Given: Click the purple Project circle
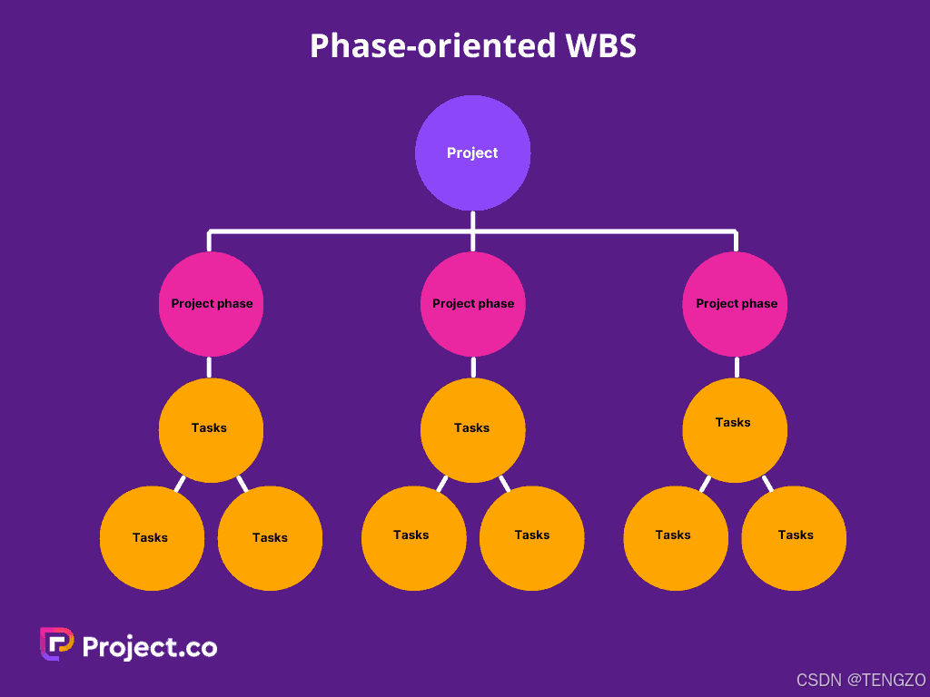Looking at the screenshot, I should click(x=472, y=152).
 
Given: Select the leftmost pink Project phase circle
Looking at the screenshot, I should click(x=211, y=304).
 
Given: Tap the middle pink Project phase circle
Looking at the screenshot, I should click(x=472, y=304).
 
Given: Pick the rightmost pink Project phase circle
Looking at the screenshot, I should click(x=736, y=304).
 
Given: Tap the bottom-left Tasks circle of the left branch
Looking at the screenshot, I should click(x=152, y=538).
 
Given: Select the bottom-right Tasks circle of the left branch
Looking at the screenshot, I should click(x=270, y=538).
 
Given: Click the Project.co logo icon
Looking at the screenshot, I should click(x=56, y=644).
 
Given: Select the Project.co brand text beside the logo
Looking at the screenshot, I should click(x=150, y=646).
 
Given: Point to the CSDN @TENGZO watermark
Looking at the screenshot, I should click(x=860, y=680).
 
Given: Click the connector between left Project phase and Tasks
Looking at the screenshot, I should click(x=209, y=368).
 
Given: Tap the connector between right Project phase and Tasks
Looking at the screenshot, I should click(x=736, y=368).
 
